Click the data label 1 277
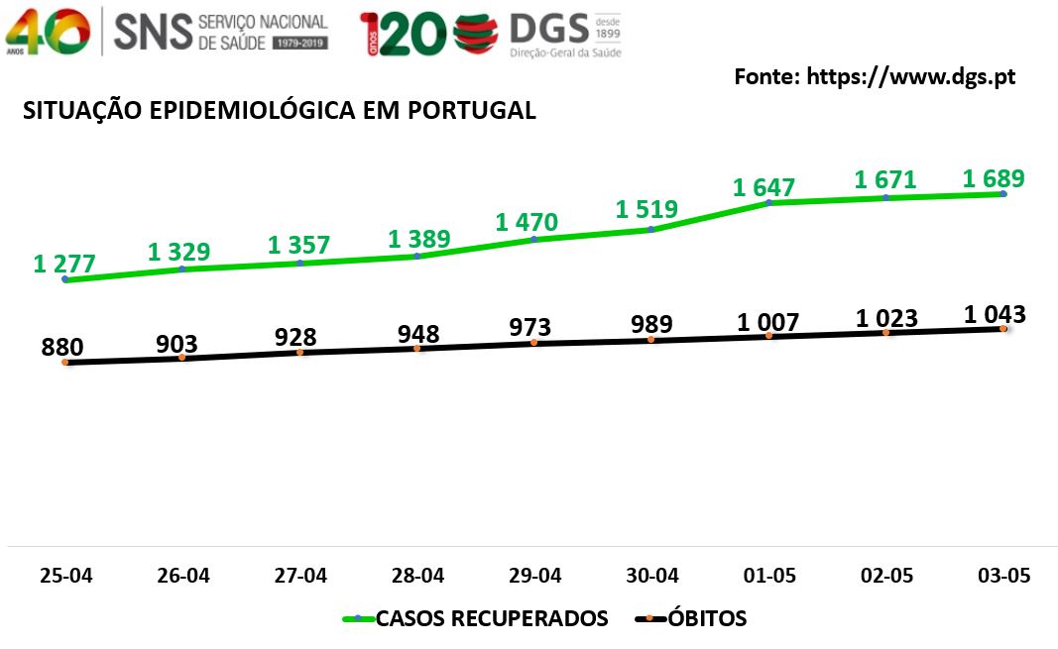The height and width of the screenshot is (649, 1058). (64, 264)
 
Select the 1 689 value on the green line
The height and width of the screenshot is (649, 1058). (994, 178)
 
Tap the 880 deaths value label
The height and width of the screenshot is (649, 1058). (62, 347)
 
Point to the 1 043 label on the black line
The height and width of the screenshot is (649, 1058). (995, 314)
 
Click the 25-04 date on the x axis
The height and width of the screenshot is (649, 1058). (66, 576)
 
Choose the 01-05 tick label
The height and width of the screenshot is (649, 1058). (769, 576)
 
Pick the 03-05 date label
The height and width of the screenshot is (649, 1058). (1004, 576)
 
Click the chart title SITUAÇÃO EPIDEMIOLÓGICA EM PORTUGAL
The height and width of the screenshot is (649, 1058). (280, 110)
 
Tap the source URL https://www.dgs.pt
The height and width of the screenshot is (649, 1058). (911, 77)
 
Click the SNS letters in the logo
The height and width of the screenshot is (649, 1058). (153, 32)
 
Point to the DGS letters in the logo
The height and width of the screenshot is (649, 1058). (548, 29)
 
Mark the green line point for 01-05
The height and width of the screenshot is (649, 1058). (768, 202)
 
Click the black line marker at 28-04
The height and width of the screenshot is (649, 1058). (417, 349)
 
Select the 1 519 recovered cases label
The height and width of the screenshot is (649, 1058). (647, 210)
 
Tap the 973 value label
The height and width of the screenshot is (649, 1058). (529, 328)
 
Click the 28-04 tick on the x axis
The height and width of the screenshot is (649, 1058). (417, 576)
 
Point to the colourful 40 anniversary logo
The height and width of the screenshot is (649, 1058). (48, 32)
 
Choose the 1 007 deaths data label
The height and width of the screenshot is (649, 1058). (767, 323)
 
